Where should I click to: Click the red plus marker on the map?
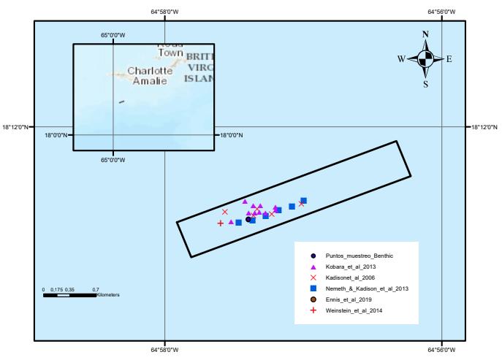[x=220, y=223]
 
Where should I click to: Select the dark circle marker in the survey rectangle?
[x=248, y=219]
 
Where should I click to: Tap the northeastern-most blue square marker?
[x=303, y=200]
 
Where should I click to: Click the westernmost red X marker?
[x=225, y=212]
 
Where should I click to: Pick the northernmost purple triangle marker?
[x=245, y=202]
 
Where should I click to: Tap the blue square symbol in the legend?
[x=313, y=288]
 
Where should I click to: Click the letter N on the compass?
[x=426, y=35]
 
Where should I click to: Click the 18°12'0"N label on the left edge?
[x=15, y=127]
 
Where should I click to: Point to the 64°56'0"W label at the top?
[x=441, y=11]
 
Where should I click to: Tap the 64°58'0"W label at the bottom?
[x=164, y=350]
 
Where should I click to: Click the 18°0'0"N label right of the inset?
[x=232, y=134]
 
